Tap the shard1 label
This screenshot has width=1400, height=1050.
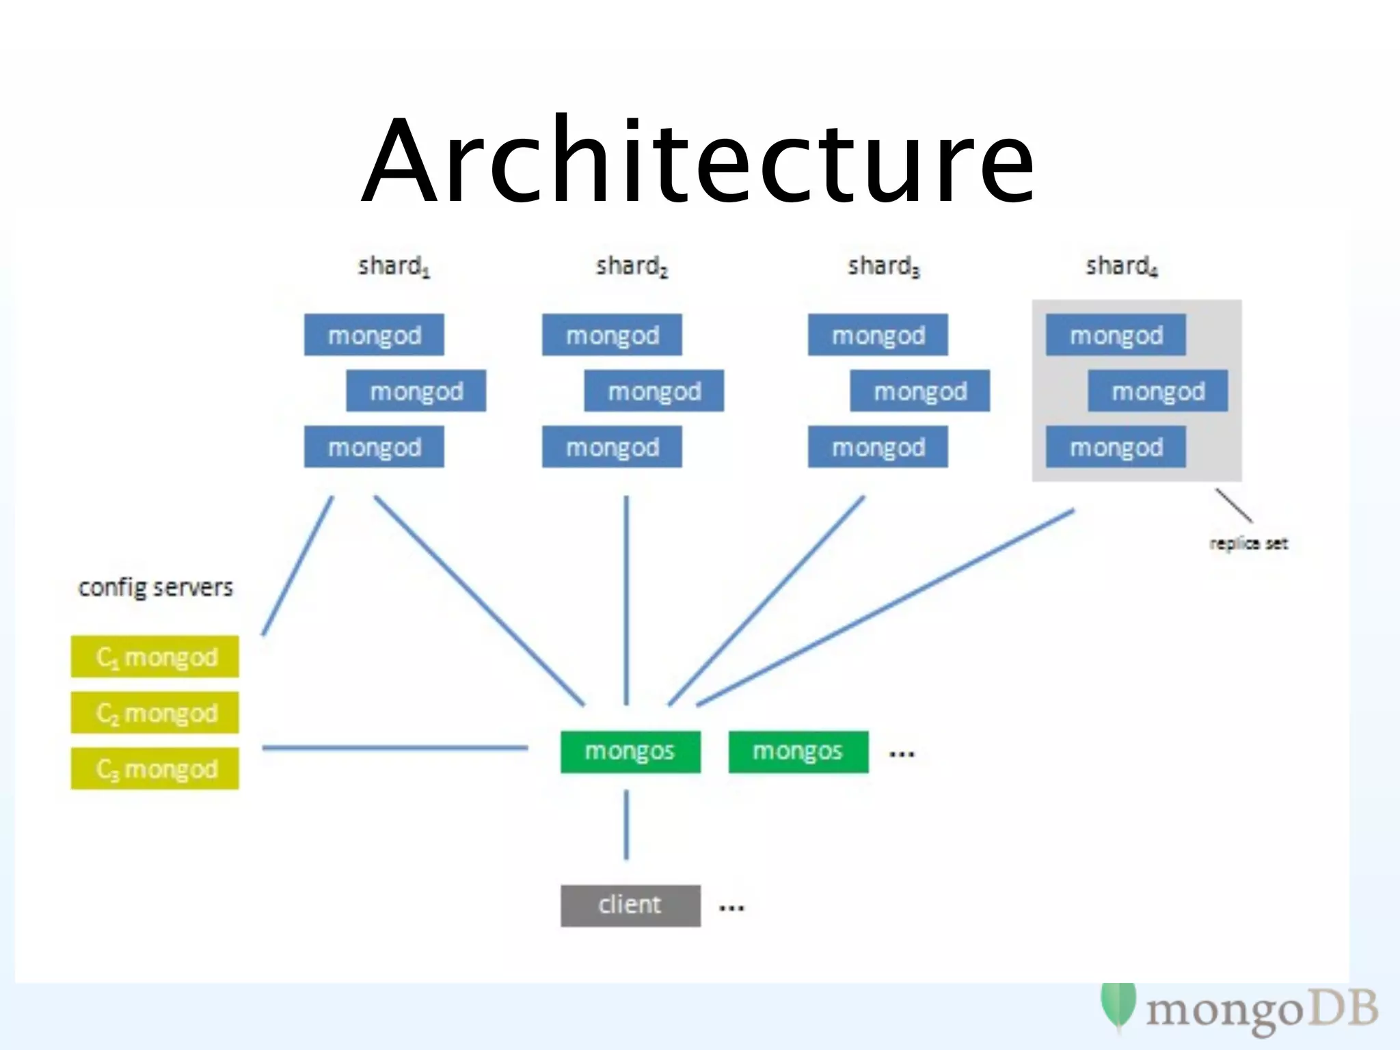pos(393,266)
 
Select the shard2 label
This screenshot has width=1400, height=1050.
pos(631,266)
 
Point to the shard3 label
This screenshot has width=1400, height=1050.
pos(883,266)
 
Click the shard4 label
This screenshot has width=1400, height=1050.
pos(1121,266)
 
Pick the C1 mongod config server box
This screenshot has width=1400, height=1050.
pos(155,657)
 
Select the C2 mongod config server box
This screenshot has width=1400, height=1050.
pos(155,713)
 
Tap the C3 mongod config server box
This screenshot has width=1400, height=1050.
pos(155,769)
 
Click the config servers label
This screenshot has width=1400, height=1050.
pos(155,587)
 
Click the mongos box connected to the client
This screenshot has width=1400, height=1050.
pos(630,752)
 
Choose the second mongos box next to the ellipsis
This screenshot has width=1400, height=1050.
pos(798,752)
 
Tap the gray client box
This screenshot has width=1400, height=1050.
pos(630,906)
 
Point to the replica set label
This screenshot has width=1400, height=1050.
pos(1248,543)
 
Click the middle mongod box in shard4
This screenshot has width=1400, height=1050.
pos(1158,391)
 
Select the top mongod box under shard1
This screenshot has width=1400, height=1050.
pos(374,335)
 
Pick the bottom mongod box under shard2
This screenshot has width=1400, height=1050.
pos(612,447)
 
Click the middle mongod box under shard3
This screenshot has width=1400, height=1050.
pos(919,391)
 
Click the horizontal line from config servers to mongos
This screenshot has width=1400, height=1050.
pos(395,748)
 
